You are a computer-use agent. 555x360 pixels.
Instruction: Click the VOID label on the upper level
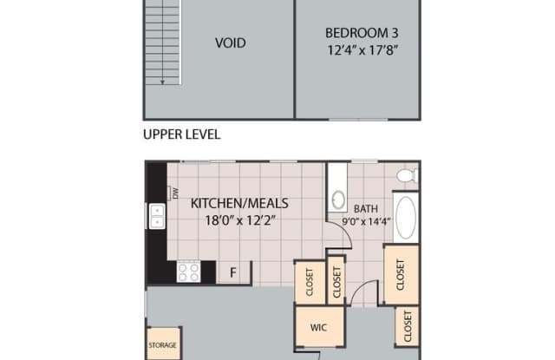point(231,43)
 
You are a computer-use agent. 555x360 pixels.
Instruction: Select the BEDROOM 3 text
point(357,33)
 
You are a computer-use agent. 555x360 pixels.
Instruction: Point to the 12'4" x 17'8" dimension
point(357,49)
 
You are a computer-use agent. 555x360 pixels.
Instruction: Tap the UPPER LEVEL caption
point(181,134)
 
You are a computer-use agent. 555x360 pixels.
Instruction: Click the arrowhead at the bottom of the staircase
point(162,82)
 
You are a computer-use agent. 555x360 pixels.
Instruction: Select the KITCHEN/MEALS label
point(239,203)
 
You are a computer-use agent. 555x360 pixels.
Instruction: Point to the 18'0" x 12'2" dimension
point(239,220)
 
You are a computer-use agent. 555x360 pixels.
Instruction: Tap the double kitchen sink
point(157,215)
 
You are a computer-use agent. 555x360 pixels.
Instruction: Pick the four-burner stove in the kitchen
point(188,272)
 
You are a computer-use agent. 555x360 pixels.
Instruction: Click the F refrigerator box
point(232,272)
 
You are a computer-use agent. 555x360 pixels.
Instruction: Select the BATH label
point(364,209)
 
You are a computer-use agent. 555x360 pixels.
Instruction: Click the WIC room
point(317,329)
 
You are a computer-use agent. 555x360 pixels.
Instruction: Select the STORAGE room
point(162,344)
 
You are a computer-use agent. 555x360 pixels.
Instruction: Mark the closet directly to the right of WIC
point(408,327)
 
